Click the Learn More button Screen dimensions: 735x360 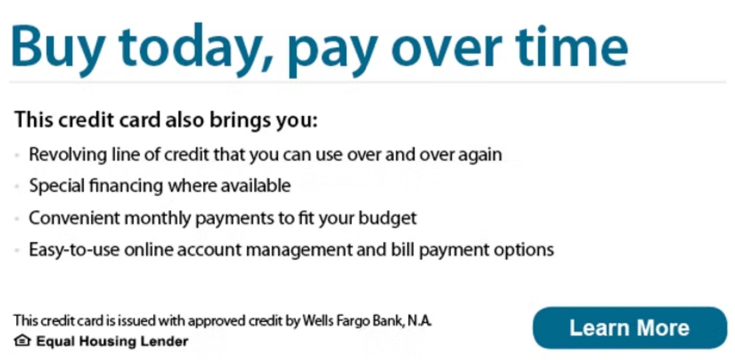(x=630, y=328)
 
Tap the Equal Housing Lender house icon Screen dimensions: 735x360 (x=22, y=341)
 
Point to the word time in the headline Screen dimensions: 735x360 (x=572, y=46)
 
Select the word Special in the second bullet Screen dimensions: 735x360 (x=57, y=186)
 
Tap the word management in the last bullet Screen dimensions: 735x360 (x=299, y=250)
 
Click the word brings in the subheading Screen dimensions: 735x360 (x=240, y=120)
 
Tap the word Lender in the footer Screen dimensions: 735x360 (x=164, y=341)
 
